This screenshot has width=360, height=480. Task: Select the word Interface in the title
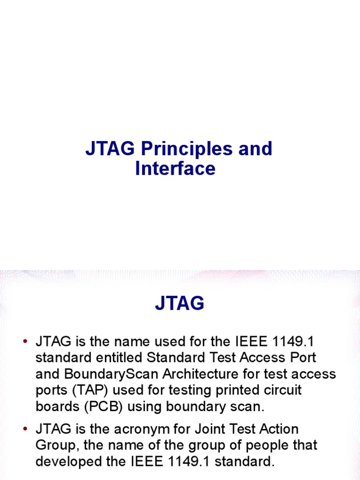tap(175, 168)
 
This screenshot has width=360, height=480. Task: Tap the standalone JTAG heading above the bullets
tap(180, 304)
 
